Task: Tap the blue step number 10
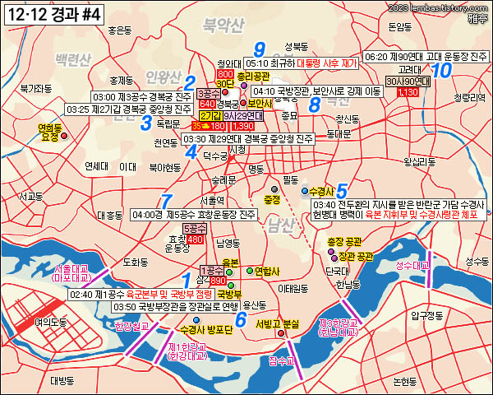pos(441,71)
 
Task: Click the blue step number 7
pos(167,201)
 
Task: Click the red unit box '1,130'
pos(408,92)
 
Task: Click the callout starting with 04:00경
pos(196,215)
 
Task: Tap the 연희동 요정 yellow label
pos(50,132)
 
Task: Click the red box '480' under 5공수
pos(196,239)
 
